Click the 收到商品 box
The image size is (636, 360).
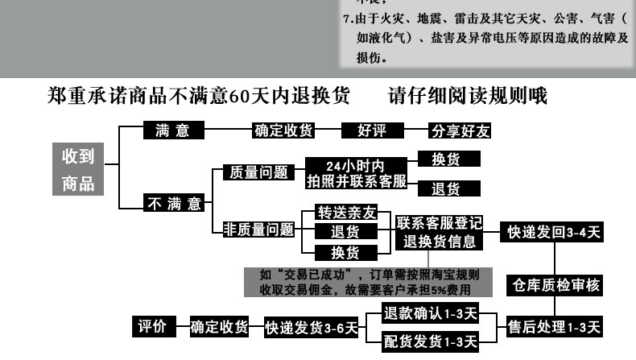[79, 168]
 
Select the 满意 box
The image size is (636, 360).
[172, 130]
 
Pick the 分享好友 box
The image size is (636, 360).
[460, 130]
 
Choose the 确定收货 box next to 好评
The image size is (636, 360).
[284, 130]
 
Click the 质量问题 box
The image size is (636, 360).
[254, 172]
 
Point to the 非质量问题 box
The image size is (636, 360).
[258, 229]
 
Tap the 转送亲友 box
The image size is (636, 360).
[345, 213]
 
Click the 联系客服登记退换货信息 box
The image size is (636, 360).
[439, 232]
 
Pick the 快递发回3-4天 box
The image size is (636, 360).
[553, 232]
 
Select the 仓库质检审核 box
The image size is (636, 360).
[555, 284]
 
